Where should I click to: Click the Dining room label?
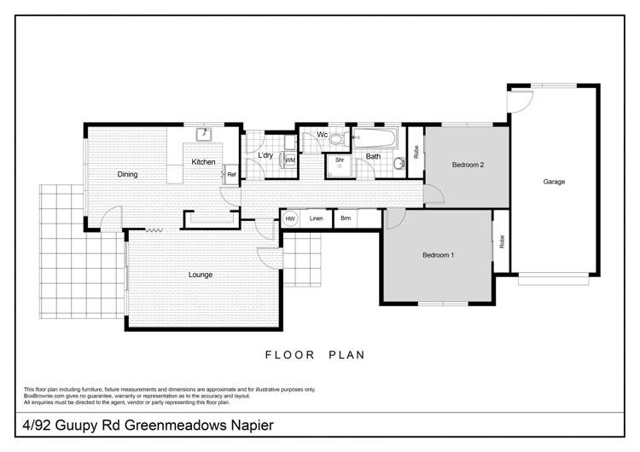coord(127,175)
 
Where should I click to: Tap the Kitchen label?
coord(203,162)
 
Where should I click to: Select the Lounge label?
coord(201,275)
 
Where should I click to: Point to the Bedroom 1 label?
coord(439,255)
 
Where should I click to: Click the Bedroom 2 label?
coord(468,165)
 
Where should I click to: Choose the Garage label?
coord(554,181)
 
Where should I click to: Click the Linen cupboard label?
coord(317,219)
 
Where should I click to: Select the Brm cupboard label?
coord(346,219)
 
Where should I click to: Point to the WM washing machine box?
coord(290,159)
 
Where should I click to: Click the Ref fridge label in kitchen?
coord(231,175)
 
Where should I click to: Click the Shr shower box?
coord(340,162)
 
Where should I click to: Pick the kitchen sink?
coord(203,134)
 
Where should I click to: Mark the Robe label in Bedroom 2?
coord(416,153)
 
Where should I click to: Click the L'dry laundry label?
coord(265,154)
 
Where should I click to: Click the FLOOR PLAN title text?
coord(315,355)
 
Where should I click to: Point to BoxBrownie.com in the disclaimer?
coord(47,396)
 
